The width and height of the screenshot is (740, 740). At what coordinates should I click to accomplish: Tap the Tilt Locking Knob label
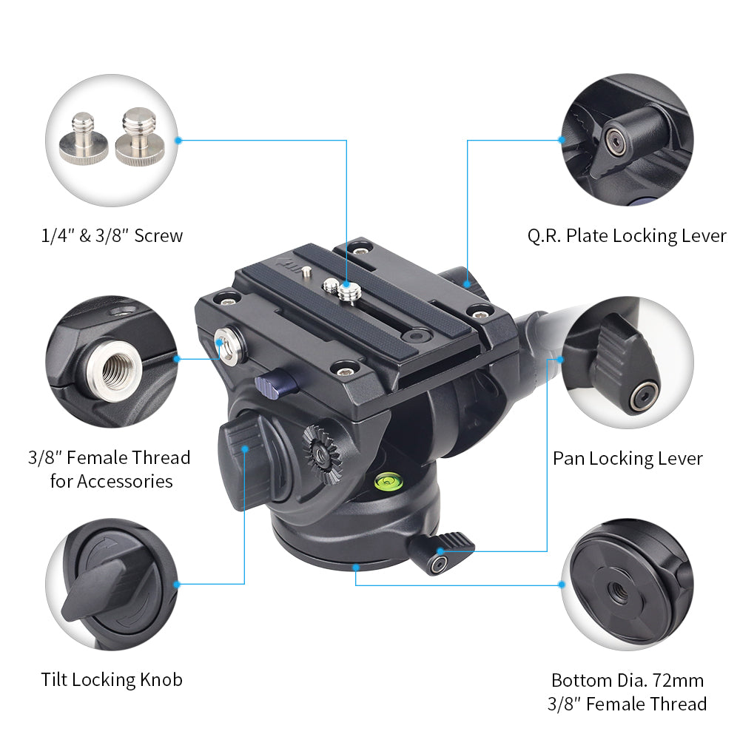(x=111, y=679)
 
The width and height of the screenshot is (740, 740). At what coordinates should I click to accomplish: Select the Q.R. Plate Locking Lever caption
(x=627, y=236)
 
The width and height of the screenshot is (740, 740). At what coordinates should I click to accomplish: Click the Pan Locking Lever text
(x=628, y=458)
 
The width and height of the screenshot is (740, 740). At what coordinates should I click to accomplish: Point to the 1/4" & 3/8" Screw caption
(x=111, y=236)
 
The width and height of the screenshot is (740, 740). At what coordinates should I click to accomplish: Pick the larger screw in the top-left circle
(x=136, y=136)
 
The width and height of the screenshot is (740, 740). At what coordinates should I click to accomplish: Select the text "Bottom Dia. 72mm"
(x=628, y=679)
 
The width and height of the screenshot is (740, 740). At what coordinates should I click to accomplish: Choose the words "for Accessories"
(x=111, y=481)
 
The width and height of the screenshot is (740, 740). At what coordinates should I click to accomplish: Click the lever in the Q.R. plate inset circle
(x=622, y=137)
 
